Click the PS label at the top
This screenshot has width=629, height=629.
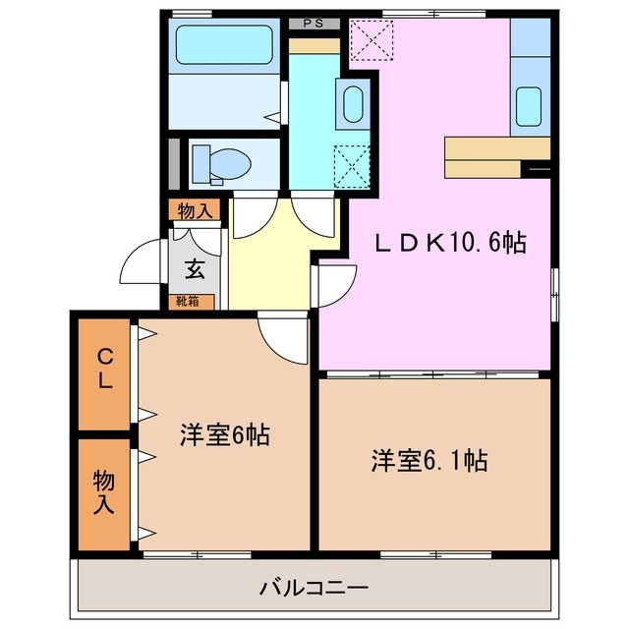[x=314, y=23]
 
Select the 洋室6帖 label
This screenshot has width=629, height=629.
[x=225, y=432]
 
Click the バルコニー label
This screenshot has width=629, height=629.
[x=314, y=589]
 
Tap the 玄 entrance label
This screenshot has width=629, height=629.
[x=194, y=266]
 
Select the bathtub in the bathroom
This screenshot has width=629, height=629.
[x=224, y=44]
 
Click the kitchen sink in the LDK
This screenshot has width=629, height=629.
[x=529, y=105]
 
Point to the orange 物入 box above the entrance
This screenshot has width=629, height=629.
[x=194, y=210]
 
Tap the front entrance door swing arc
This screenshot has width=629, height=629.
[x=143, y=262]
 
